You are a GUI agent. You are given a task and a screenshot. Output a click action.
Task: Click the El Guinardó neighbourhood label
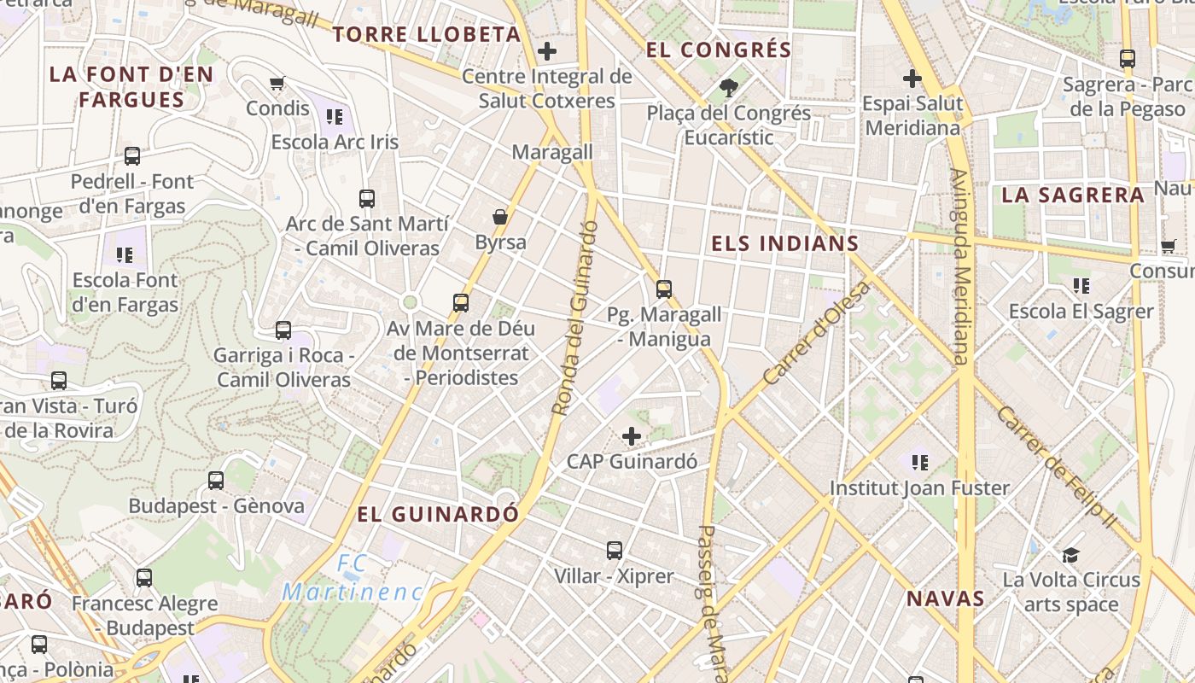pyautogui.click(x=438, y=514)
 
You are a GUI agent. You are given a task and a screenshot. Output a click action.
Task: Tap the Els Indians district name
pyautogui.click(x=784, y=243)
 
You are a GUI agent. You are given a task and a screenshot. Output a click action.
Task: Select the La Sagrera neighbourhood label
pyautogui.click(x=1072, y=195)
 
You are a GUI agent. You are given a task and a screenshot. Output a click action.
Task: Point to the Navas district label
pyautogui.click(x=946, y=598)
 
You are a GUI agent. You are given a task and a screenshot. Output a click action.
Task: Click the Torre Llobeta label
pyautogui.click(x=426, y=34)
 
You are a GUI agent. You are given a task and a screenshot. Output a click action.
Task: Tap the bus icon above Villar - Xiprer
pyautogui.click(x=615, y=551)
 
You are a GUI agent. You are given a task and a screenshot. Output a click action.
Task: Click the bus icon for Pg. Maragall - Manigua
pyautogui.click(x=664, y=289)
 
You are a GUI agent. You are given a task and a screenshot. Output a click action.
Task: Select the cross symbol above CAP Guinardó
pyautogui.click(x=632, y=437)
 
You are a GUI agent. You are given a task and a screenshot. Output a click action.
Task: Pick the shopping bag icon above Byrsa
pyautogui.click(x=500, y=217)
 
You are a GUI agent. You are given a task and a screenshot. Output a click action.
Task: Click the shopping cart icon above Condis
pyautogui.click(x=277, y=83)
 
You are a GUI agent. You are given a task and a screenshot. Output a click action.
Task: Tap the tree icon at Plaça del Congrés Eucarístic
pyautogui.click(x=729, y=86)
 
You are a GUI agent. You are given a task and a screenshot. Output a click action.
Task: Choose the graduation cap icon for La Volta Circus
pyautogui.click(x=1071, y=555)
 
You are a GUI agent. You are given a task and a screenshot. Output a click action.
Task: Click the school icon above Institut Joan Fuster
pyautogui.click(x=919, y=463)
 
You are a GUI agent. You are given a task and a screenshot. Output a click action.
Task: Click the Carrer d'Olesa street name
pyautogui.click(x=818, y=333)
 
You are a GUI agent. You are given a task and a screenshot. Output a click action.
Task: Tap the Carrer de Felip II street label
pyautogui.click(x=1055, y=466)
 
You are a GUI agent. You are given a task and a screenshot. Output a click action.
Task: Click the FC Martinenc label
pyautogui.click(x=353, y=578)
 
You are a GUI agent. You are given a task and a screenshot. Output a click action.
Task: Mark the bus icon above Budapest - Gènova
pyautogui.click(x=216, y=481)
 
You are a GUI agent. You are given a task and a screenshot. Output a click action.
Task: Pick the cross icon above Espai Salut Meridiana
pyautogui.click(x=912, y=79)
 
